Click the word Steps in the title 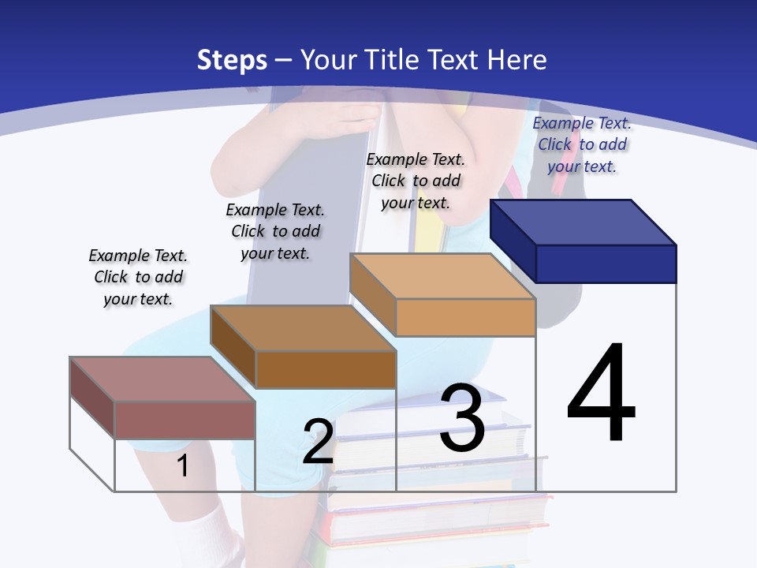pyautogui.click(x=232, y=60)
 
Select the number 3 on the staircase pyautogui.click(x=462, y=418)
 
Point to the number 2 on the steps pyautogui.click(x=318, y=442)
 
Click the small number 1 pyautogui.click(x=182, y=465)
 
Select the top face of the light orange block pyautogui.click(x=442, y=276)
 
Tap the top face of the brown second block pyautogui.click(x=302, y=328)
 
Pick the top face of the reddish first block pyautogui.click(x=162, y=379)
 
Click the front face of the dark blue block pyautogui.click(x=606, y=263)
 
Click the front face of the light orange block pyautogui.click(x=465, y=317)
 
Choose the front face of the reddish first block pyautogui.click(x=185, y=420)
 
